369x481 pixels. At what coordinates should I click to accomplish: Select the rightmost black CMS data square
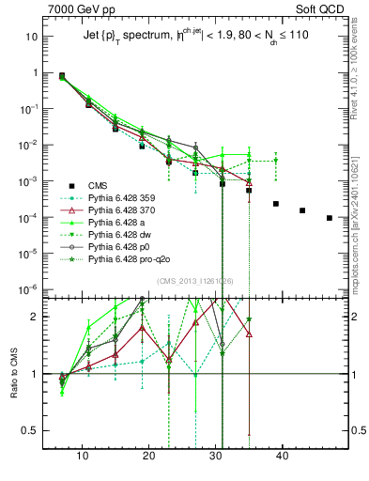(x=329, y=218)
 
